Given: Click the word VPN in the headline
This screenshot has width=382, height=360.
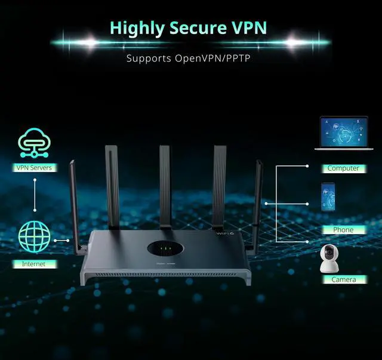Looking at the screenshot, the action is click(247, 27).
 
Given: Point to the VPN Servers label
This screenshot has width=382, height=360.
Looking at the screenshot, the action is click(34, 168).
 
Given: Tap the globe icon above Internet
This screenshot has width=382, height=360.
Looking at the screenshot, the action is click(34, 238).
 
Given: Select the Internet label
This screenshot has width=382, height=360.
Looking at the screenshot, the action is click(34, 263).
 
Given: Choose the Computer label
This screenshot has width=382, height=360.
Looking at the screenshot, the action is click(343, 168).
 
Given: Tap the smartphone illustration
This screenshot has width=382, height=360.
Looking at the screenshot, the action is click(328, 198).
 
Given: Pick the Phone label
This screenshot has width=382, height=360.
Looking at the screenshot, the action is click(343, 230).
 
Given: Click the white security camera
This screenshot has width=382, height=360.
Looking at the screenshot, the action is click(331, 258).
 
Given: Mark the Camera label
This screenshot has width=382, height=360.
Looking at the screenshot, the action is click(343, 279).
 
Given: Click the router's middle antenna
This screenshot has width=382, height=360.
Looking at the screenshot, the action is click(165, 185).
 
